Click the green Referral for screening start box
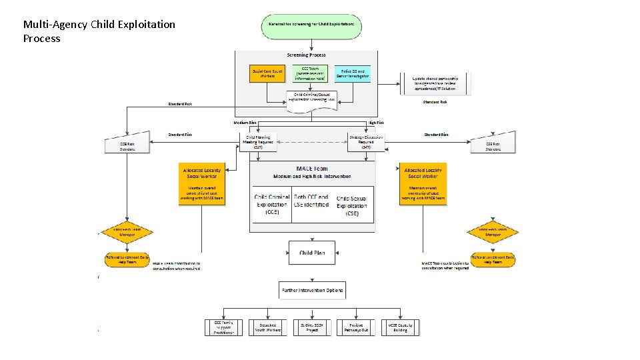[311, 25]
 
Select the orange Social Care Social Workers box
[267, 73]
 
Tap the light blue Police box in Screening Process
[353, 73]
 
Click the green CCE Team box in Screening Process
[311, 73]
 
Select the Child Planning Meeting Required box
[258, 141]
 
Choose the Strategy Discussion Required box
[366, 141]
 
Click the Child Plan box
[311, 253]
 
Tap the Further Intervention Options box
[311, 291]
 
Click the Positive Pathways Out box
[356, 327]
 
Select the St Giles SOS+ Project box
[311, 327]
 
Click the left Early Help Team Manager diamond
[127, 233]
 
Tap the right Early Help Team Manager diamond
[493, 233]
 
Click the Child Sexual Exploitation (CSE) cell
[352, 206]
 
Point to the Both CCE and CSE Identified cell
[311, 201]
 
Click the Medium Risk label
[245, 123]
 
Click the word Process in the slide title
[41, 39]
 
